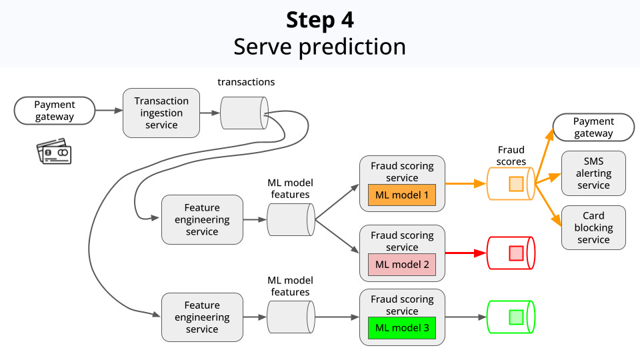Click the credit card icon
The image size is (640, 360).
coord(54,151)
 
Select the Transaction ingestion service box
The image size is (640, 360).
coord(161,113)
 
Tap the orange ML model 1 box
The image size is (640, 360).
coord(401,195)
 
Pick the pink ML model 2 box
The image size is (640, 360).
coord(401,264)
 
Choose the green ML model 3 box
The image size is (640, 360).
coord(401,328)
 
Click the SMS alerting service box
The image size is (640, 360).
coord(593,173)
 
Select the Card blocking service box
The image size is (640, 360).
coord(593,228)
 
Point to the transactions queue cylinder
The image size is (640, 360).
coord(244,113)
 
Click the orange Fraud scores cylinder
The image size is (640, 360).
coord(511,184)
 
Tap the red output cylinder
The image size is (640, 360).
coord(511,253)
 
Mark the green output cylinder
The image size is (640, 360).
coord(511,317)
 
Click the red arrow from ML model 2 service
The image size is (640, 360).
coord(466,253)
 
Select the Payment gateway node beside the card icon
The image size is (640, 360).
coord(55,111)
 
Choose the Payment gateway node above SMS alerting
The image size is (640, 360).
coord(593,127)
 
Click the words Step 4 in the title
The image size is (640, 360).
coord(320,20)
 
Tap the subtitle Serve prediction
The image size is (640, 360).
coord(320,47)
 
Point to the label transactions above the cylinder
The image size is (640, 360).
coord(246,82)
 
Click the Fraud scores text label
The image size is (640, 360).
coord(511,155)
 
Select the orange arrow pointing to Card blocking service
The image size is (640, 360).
coord(548,205)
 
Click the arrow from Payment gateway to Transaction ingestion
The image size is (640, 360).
coord(109,111)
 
